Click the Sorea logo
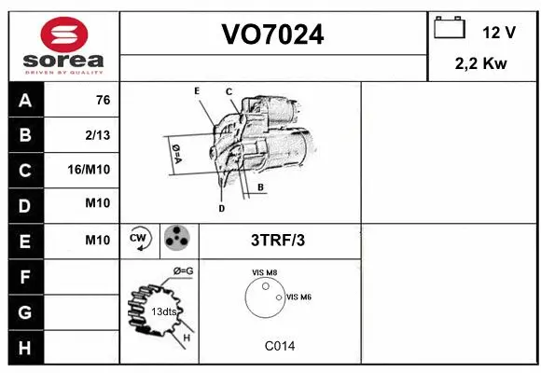click(63, 46)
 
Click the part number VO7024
click(272, 35)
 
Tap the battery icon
click(450, 29)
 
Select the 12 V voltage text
click(499, 32)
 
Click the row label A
click(25, 101)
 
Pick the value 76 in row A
click(104, 101)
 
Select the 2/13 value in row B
click(98, 135)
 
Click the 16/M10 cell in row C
click(90, 171)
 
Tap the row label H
click(25, 347)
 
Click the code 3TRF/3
click(278, 240)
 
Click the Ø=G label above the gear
click(182, 271)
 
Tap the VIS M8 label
click(265, 272)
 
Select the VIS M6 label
click(298, 297)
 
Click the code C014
click(279, 346)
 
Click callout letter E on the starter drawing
click(197, 90)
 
